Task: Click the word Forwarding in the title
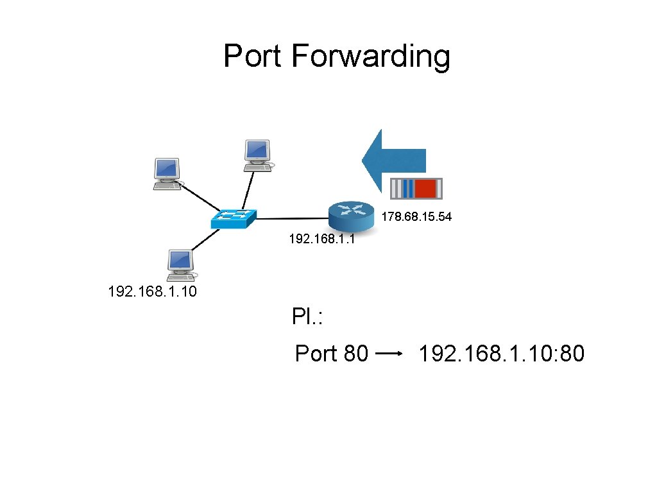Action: (x=370, y=57)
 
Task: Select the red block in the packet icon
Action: (x=425, y=189)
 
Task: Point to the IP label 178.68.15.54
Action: (x=416, y=217)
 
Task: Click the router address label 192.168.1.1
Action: (x=322, y=240)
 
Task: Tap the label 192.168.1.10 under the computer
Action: (x=153, y=293)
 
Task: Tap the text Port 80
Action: (x=331, y=353)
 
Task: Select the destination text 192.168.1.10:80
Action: (x=501, y=353)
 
